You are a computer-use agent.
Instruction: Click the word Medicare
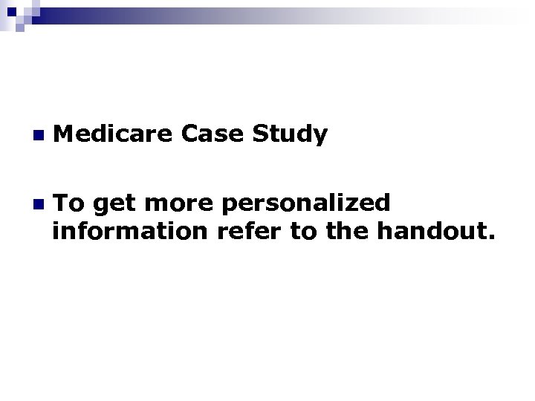tap(115, 134)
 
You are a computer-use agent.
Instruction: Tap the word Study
tap(291, 136)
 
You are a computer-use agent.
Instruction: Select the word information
tap(132, 232)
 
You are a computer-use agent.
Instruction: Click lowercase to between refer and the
tap(304, 233)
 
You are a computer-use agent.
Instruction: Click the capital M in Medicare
tap(64, 134)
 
